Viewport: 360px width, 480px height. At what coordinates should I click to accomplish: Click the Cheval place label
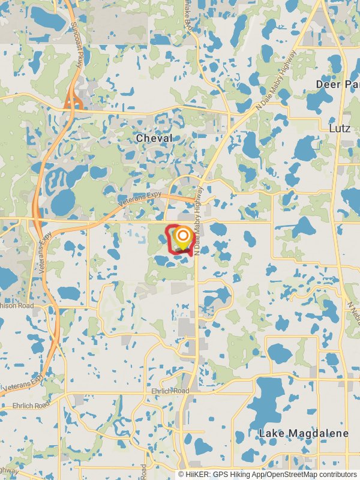[x=154, y=138]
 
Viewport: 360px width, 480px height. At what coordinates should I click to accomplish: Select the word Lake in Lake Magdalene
[x=270, y=433]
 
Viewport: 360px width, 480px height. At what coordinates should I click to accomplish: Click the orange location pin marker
[x=182, y=238]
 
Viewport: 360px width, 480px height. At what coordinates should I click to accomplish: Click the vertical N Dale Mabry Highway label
[x=198, y=222]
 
